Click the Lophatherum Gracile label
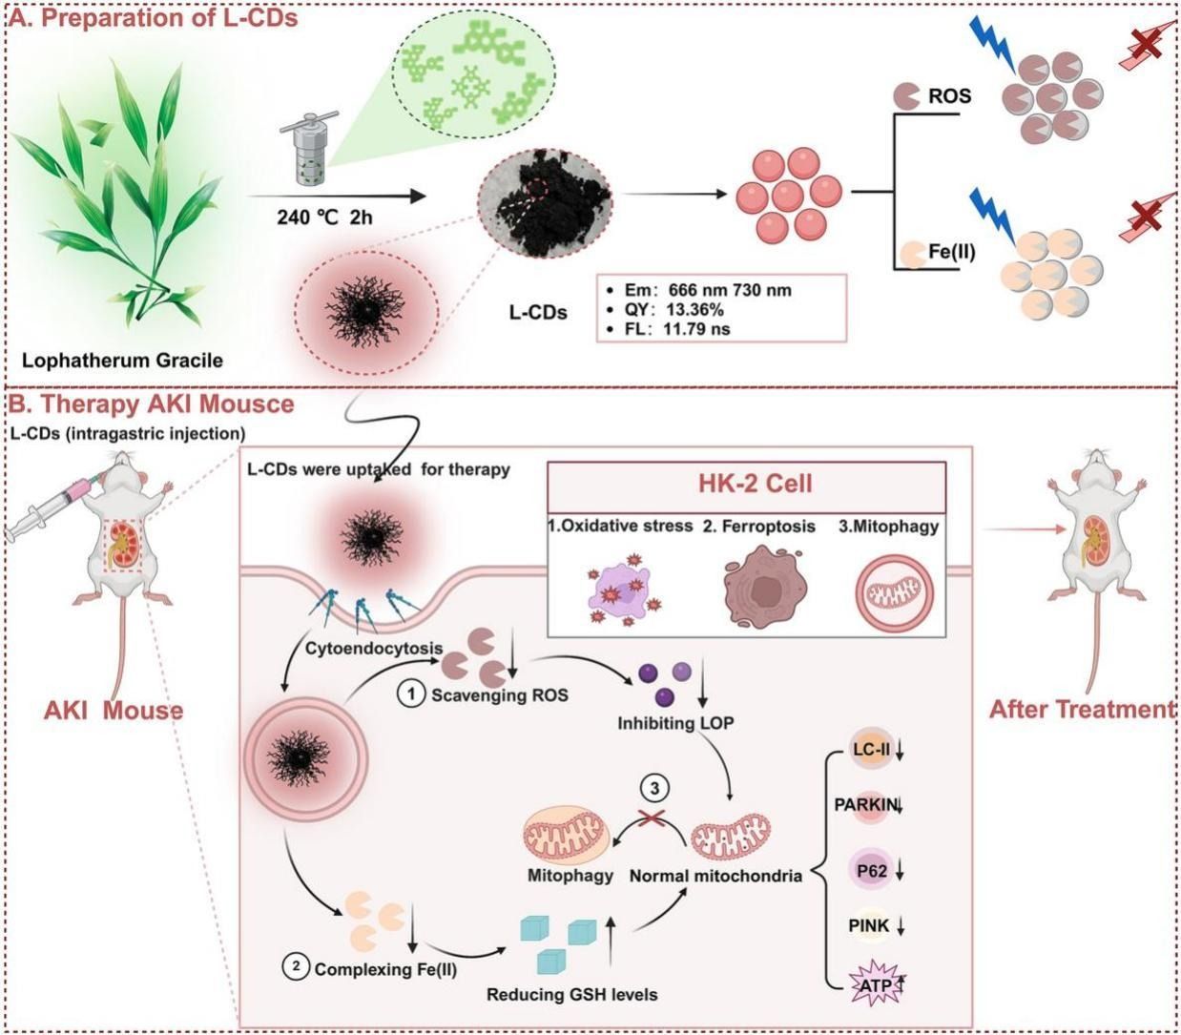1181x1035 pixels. click(x=124, y=361)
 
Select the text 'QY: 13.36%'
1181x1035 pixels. click(x=670, y=310)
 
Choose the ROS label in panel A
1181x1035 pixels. click(x=949, y=95)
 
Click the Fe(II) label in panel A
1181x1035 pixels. click(x=951, y=254)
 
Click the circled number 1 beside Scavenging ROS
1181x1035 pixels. click(x=410, y=694)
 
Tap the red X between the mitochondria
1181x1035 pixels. click(x=652, y=819)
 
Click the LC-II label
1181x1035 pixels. click(x=871, y=750)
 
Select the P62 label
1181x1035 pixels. click(x=868, y=871)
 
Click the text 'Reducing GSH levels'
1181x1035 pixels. click(x=571, y=994)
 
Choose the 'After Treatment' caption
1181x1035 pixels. click(x=1081, y=710)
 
